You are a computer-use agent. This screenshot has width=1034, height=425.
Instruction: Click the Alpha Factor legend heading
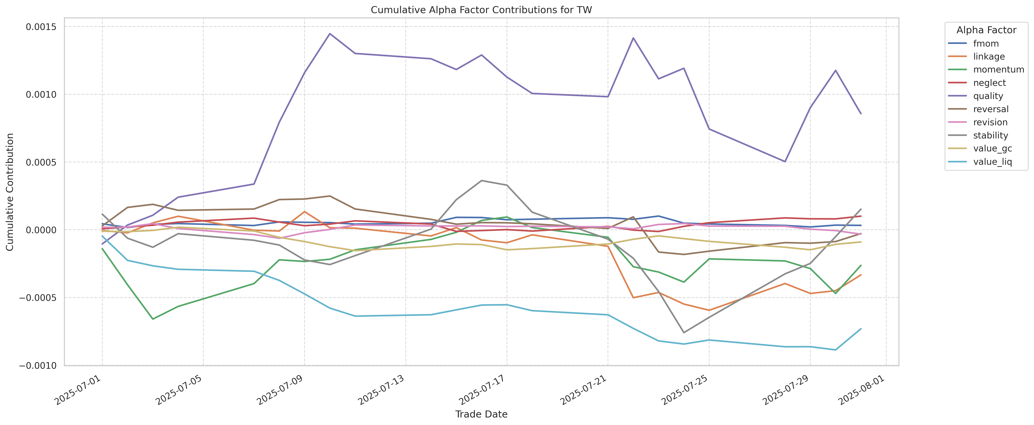click(986, 30)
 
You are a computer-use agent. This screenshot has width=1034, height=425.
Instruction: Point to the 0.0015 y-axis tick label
click(41, 27)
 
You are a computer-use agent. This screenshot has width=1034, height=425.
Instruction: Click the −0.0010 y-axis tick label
click(38, 366)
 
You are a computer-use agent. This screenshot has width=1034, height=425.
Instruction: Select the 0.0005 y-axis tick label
click(41, 162)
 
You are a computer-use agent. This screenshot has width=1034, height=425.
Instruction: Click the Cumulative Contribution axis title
click(10, 192)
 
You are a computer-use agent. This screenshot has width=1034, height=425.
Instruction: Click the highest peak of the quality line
click(329, 34)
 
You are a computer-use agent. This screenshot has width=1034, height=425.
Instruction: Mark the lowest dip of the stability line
click(684, 333)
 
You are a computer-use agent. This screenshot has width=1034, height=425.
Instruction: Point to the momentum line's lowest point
click(153, 319)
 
